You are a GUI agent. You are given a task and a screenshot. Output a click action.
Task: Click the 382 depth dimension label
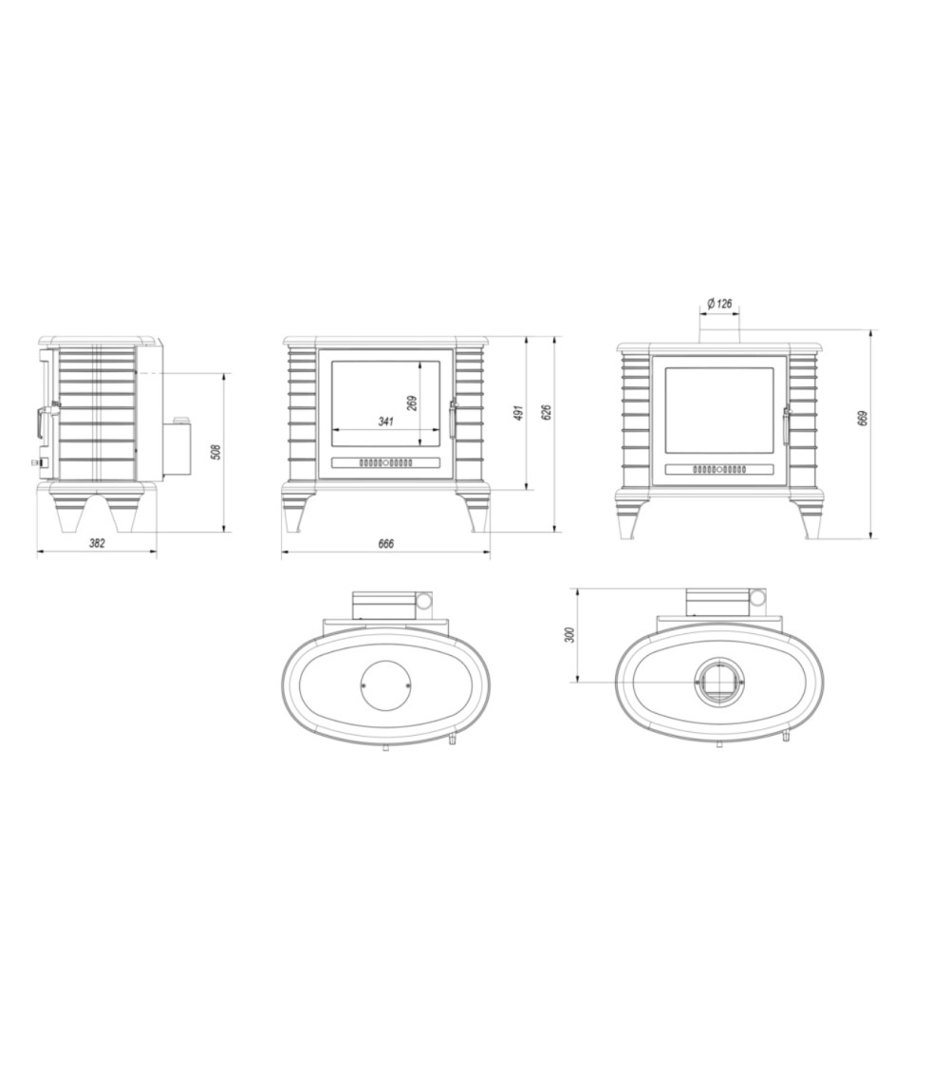(98, 543)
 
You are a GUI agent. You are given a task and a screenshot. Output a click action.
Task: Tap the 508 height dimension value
(215, 452)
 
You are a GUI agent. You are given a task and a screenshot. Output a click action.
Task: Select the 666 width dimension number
(385, 544)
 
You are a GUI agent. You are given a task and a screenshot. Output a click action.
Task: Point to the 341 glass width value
(385, 422)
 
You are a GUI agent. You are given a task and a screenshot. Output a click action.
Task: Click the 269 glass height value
(411, 403)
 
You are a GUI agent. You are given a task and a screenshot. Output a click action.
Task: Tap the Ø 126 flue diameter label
(719, 303)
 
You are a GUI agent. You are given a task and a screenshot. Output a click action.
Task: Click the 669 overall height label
(864, 418)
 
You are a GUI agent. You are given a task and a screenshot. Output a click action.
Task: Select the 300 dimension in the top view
(570, 634)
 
